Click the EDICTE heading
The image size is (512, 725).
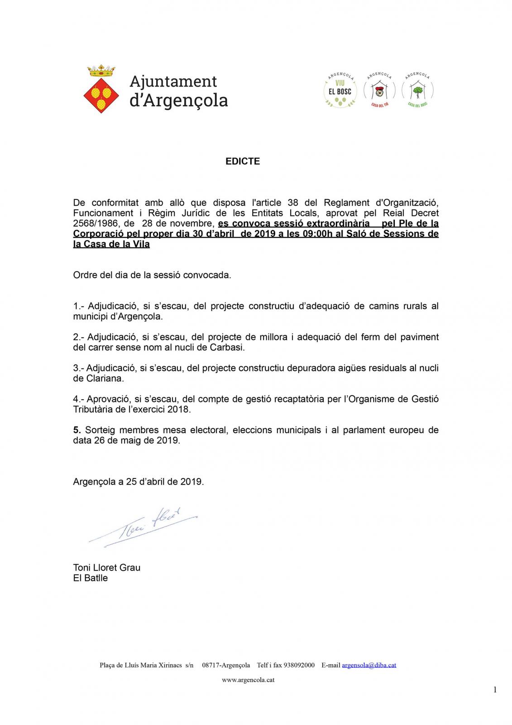coord(243,161)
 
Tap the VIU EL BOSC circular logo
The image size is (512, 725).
coord(340,91)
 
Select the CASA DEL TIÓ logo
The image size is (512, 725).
coord(379,91)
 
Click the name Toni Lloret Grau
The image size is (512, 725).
coord(107,568)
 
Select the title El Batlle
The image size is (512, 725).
coord(90,578)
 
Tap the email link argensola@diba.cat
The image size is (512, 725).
coord(369,665)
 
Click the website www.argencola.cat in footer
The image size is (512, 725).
coord(248,680)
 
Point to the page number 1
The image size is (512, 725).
coord(495,690)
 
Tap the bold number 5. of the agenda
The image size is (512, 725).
coord(77,430)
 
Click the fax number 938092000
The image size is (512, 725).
coord(299,665)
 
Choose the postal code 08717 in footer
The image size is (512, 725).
coord(211,665)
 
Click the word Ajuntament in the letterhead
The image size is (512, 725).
coord(173,82)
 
